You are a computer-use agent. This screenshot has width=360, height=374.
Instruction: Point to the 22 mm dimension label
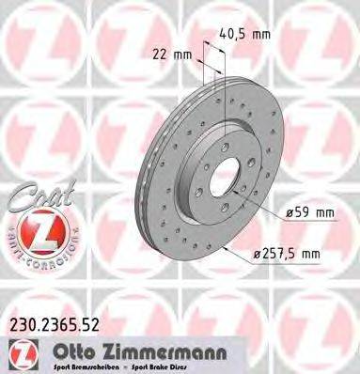click(x=172, y=55)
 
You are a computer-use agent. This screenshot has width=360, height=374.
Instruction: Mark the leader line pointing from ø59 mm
click(x=266, y=207)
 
